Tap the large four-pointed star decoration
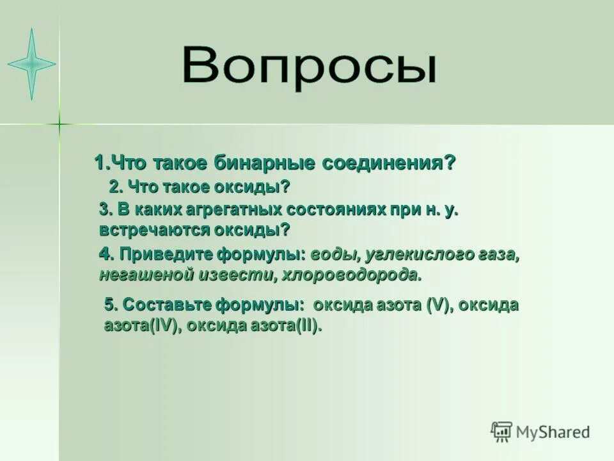31,63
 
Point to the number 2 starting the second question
114,187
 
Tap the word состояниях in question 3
333,209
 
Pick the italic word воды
333,255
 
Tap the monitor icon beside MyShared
501,432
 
